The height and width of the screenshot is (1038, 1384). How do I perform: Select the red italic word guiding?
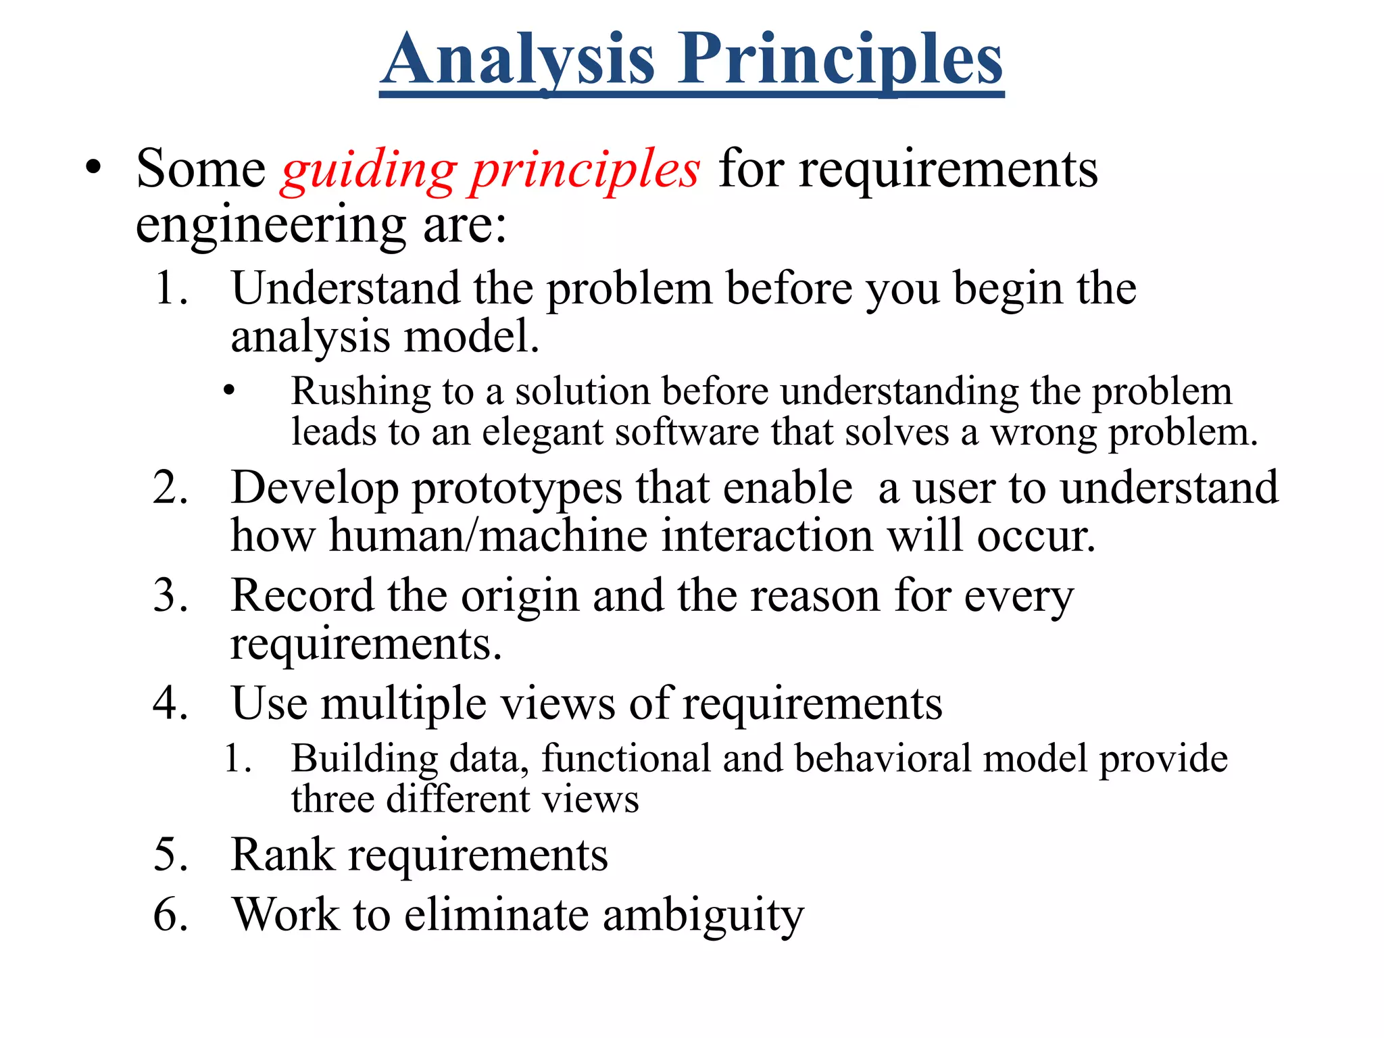(369, 170)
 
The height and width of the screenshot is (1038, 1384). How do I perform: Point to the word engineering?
(271, 226)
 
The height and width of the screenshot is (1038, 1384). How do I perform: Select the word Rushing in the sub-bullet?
(360, 391)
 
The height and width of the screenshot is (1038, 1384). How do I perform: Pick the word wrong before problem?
(1043, 432)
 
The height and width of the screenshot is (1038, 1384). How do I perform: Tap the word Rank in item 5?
(282, 855)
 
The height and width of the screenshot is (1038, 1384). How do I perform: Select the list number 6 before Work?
(170, 916)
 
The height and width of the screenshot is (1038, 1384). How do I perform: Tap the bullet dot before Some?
(93, 167)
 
